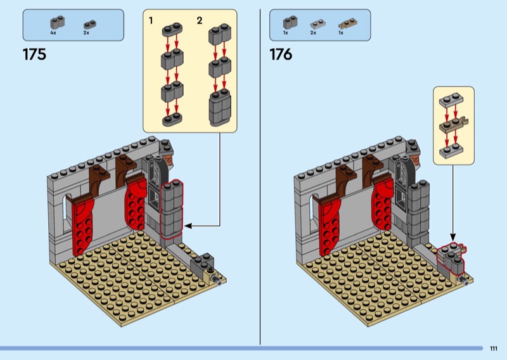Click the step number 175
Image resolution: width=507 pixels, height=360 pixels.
pyautogui.click(x=34, y=55)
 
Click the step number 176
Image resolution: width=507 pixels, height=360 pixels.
pyautogui.click(x=281, y=55)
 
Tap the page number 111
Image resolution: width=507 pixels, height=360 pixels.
pyautogui.click(x=494, y=348)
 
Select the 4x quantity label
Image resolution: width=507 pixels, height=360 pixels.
pyautogui.click(x=53, y=32)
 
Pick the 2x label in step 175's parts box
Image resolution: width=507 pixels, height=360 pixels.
pyautogui.click(x=86, y=32)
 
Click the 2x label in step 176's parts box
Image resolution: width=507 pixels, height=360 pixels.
pyautogui.click(x=313, y=32)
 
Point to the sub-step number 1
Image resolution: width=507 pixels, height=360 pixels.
pyautogui.click(x=151, y=21)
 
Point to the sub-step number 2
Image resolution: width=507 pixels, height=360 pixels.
pyautogui.click(x=199, y=21)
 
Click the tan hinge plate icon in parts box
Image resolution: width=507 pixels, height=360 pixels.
pyautogui.click(x=342, y=23)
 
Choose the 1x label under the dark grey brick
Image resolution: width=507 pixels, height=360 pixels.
pyautogui.click(x=286, y=32)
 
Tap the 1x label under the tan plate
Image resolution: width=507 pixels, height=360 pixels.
pyautogui.click(x=341, y=32)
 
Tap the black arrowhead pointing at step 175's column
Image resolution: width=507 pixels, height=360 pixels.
pyautogui.click(x=188, y=225)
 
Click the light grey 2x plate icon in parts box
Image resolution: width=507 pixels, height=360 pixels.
pyautogui.click(x=313, y=23)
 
